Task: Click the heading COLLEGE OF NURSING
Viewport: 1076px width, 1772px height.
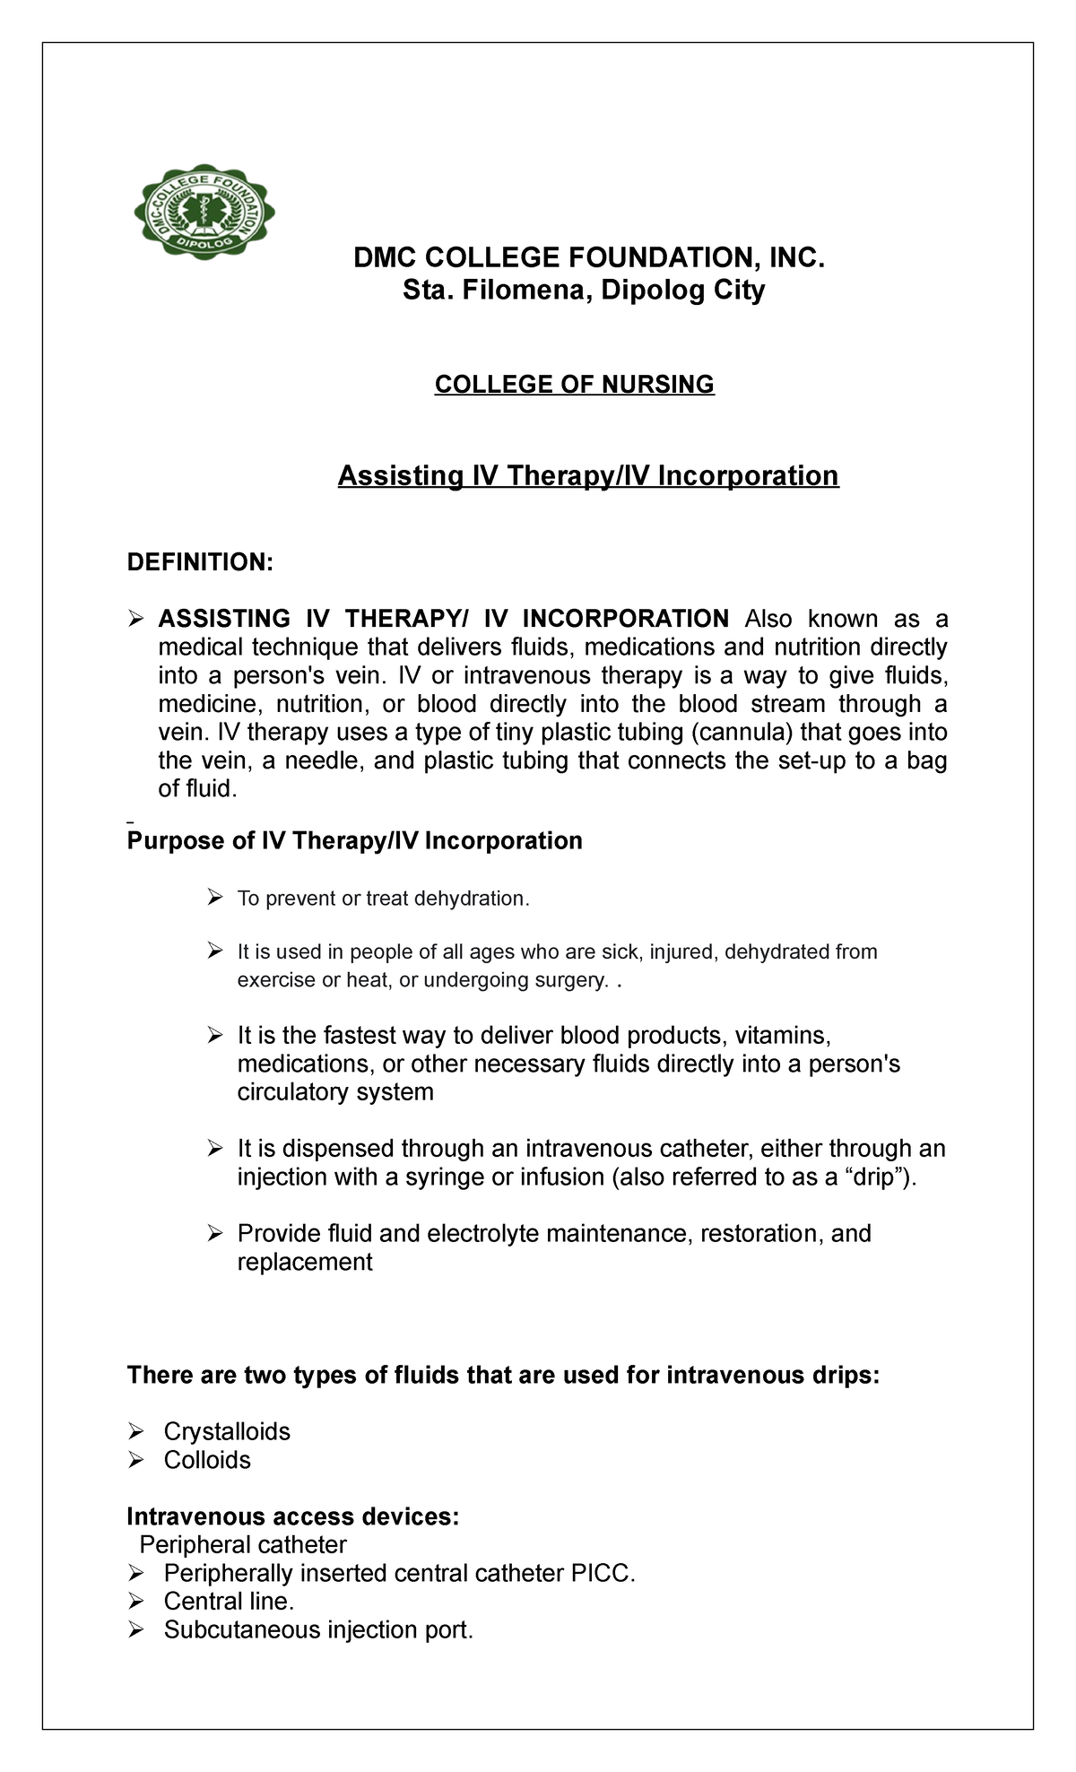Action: pos(574,385)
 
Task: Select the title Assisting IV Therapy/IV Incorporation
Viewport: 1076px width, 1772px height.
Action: pos(587,475)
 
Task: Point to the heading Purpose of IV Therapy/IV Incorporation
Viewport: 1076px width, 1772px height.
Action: pos(355,841)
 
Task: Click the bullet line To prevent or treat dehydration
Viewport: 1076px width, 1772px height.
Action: pos(383,899)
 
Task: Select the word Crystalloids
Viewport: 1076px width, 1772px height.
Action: pos(227,1431)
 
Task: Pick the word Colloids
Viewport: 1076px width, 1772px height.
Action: pos(207,1460)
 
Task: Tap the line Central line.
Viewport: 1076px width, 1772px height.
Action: pos(229,1602)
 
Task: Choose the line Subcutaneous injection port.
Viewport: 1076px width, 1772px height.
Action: pos(317,1630)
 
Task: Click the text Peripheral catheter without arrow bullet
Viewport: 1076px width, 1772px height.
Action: pos(242,1545)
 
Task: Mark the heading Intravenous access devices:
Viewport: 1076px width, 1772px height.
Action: pos(293,1516)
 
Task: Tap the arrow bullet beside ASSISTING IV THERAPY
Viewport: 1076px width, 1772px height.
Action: pos(136,619)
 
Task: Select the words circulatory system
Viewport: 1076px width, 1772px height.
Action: pos(335,1092)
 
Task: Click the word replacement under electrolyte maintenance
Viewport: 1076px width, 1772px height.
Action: pos(304,1263)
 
